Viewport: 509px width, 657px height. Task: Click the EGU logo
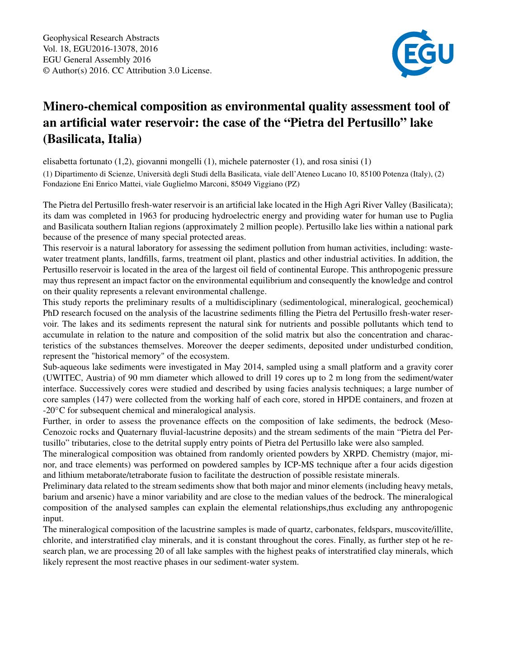tap(423, 53)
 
